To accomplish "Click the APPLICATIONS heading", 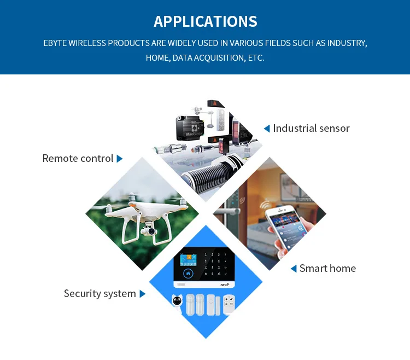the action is pos(205,21).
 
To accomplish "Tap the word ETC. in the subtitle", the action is pos(254,57).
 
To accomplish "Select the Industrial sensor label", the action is pos(311,129).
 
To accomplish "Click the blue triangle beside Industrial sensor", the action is pos(267,129).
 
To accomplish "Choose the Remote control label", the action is pos(78,159).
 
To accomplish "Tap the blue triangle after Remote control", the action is pos(120,159).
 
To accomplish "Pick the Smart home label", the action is pos(327,269).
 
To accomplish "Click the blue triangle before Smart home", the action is pos(294,269).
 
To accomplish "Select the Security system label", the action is pos(99,294).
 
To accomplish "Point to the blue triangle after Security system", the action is pos(143,294).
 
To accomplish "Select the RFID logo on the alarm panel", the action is pos(224,284).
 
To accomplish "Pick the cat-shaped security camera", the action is pos(177,304).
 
